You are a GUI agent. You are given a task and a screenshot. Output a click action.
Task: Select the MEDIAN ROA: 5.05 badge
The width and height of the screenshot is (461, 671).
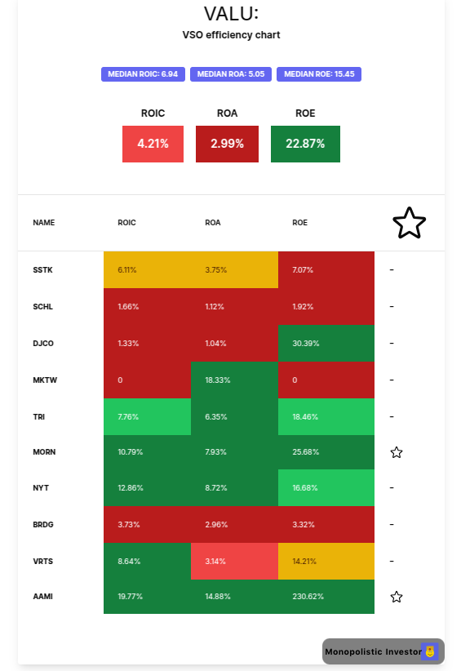[x=231, y=74]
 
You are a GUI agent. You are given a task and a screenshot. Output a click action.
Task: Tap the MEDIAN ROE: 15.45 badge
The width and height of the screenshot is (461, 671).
[x=318, y=74]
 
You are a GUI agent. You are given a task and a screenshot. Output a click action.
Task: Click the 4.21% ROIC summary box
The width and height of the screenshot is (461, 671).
[x=153, y=144]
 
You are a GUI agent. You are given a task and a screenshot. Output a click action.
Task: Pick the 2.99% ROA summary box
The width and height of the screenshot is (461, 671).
[x=227, y=144]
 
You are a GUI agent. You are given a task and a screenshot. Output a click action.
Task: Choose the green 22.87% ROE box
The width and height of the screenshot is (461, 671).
[x=305, y=144]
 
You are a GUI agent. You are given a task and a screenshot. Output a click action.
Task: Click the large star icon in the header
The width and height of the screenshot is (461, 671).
[x=409, y=223]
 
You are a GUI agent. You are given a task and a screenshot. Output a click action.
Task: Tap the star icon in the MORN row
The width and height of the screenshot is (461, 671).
[x=397, y=452]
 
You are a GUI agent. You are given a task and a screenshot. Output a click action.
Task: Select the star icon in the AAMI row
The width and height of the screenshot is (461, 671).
[x=397, y=597]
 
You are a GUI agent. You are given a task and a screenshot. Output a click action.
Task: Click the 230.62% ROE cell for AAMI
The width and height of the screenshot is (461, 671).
[x=326, y=597]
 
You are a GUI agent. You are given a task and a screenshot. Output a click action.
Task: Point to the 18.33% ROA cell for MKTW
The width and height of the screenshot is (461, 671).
[x=234, y=380]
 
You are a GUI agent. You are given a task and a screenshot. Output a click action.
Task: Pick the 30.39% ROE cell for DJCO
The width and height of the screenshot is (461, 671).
[x=326, y=344]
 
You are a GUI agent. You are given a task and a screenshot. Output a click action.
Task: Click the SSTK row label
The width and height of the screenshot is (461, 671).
[x=42, y=270]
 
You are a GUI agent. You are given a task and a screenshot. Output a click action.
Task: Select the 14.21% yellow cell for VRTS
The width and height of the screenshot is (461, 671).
[x=326, y=561]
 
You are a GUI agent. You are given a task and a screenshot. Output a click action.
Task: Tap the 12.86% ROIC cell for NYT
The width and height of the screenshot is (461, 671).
[x=147, y=488]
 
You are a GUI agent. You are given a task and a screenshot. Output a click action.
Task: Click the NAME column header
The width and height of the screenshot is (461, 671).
[x=43, y=222]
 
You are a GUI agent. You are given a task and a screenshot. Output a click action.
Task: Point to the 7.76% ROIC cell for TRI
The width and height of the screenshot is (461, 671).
[x=147, y=416]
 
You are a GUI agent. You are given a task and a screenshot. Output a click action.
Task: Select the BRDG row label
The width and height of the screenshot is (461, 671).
[x=43, y=525]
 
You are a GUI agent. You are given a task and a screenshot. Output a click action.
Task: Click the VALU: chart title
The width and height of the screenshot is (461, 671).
[x=231, y=14]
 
